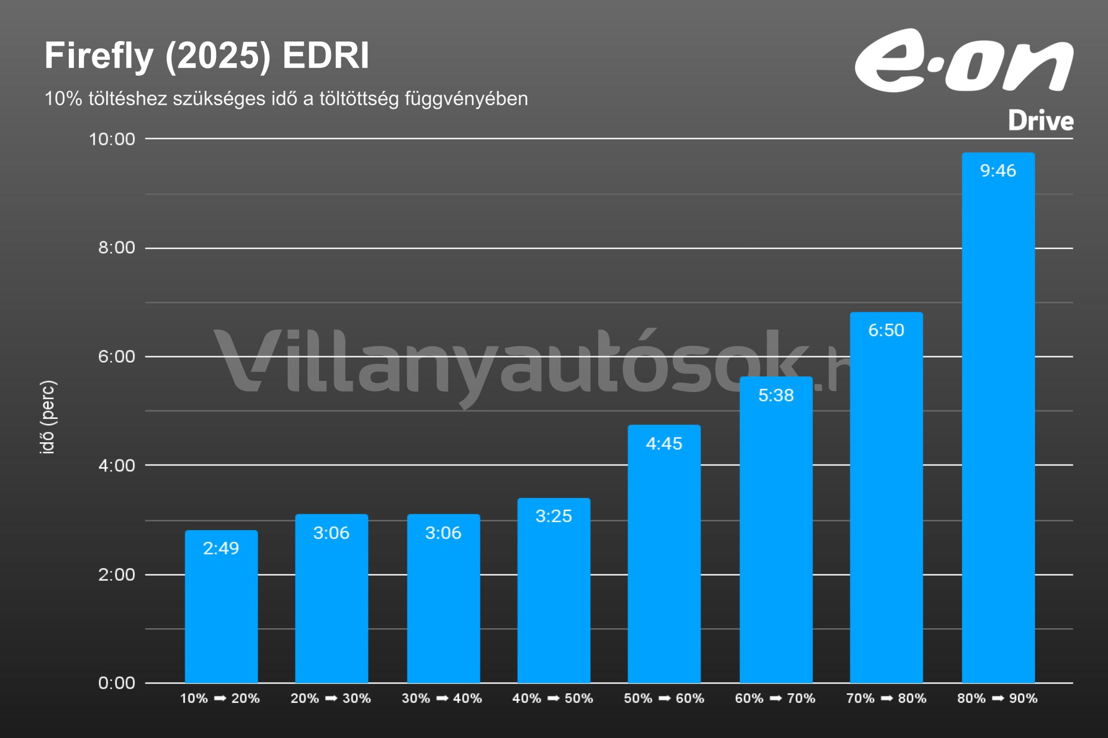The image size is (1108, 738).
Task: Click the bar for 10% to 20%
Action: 221,612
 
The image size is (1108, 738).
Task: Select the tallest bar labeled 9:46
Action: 998,423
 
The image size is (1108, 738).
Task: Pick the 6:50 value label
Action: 886,330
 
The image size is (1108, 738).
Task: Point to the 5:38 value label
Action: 776,395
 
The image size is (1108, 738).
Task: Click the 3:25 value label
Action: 554,516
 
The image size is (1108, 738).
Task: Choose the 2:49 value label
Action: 221,548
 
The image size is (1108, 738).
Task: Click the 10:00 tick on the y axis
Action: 112,139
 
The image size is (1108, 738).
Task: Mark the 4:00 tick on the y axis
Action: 116,465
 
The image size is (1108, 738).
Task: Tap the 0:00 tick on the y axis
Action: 116,683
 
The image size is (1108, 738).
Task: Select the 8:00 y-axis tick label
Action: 116,248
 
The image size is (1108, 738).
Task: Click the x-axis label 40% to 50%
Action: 553,698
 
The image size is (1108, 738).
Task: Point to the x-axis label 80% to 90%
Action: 997,698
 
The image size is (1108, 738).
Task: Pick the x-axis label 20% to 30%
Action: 331,698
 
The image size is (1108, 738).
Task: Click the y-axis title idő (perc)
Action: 48,417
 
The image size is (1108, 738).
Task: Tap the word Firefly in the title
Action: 99,56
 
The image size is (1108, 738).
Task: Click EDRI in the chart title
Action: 325,56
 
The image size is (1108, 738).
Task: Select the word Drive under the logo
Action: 1041,121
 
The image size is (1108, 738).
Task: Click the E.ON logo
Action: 964,61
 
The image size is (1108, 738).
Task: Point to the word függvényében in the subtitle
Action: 466,99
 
